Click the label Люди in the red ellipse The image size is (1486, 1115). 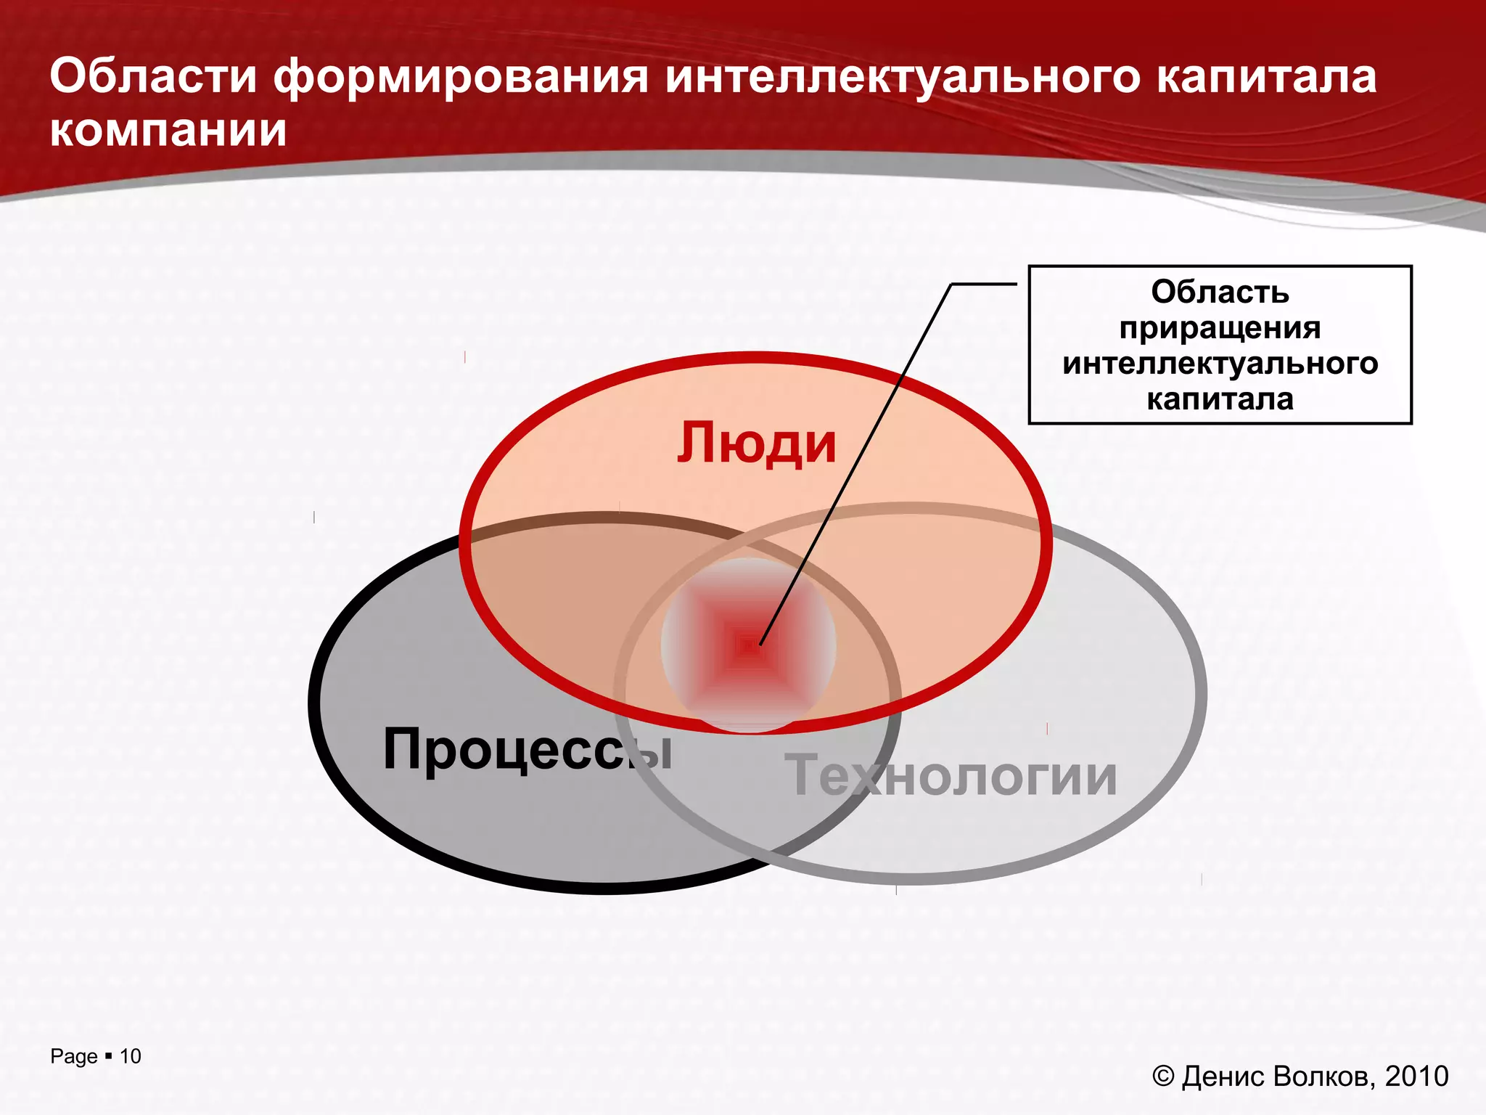[x=756, y=444]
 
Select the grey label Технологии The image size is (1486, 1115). [x=951, y=776]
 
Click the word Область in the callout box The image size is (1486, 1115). [x=1220, y=292]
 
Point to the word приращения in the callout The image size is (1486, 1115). [x=1220, y=328]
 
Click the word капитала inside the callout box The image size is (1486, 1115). [x=1220, y=399]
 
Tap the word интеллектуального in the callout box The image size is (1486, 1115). [x=1220, y=363]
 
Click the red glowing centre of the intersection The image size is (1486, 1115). [x=748, y=645]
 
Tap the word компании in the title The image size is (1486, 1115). [x=168, y=131]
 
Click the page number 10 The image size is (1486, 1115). [x=131, y=1056]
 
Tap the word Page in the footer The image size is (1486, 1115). [x=73, y=1057]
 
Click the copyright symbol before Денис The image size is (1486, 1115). [x=1163, y=1076]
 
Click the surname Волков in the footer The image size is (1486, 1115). [x=1323, y=1076]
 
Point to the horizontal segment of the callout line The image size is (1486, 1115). [x=983, y=284]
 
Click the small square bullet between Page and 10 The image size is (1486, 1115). [x=109, y=1055]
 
